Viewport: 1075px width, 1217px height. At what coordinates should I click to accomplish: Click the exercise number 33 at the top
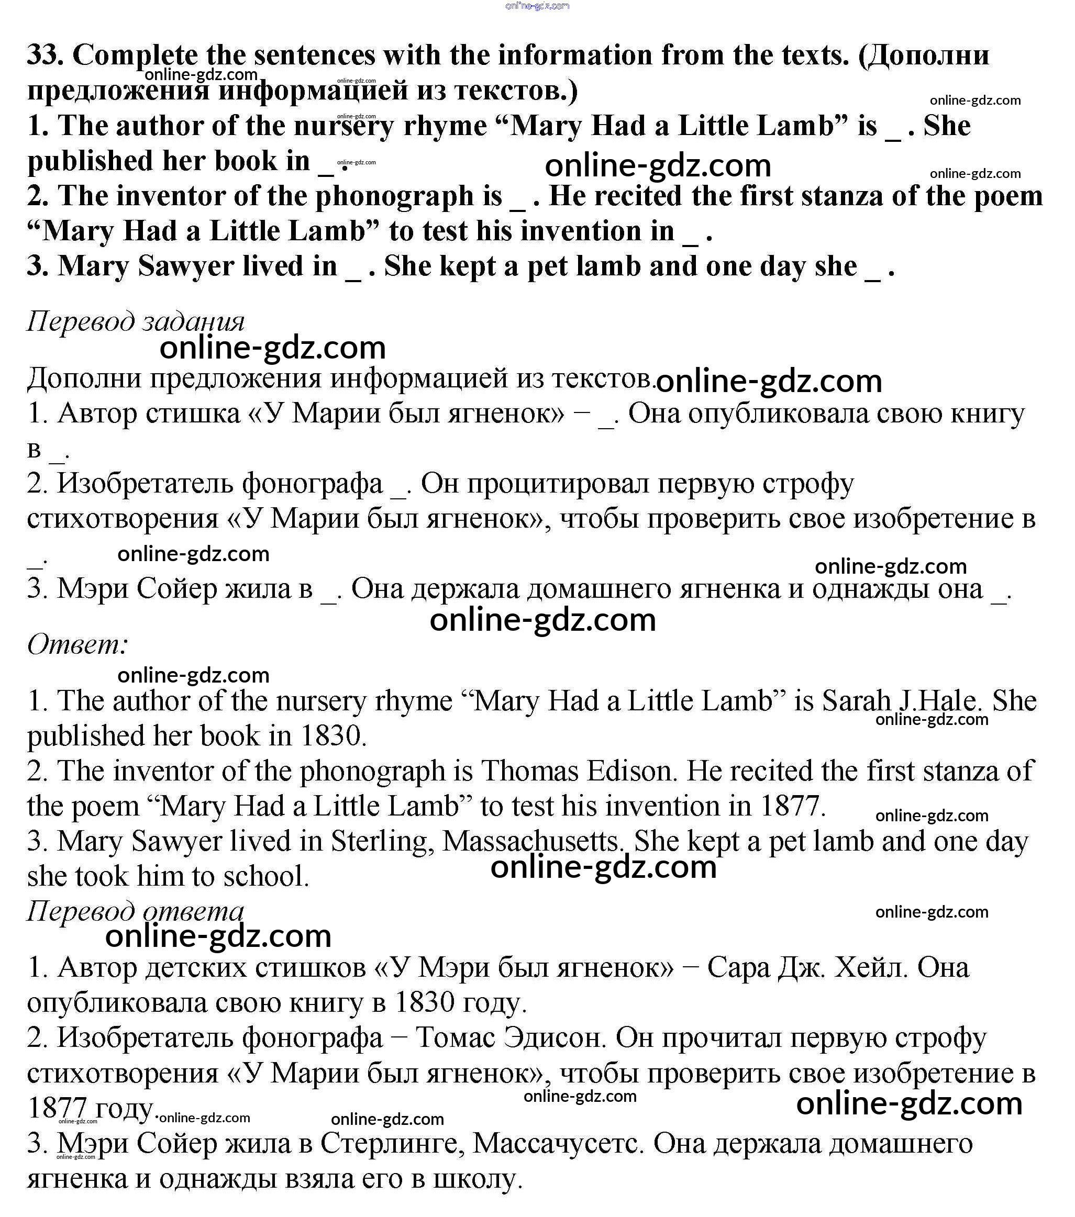point(45,55)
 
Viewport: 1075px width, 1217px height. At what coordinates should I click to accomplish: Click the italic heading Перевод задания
point(136,322)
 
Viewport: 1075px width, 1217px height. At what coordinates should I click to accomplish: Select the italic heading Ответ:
point(77,645)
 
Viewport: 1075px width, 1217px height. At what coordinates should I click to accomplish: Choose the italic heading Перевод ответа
point(136,911)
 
